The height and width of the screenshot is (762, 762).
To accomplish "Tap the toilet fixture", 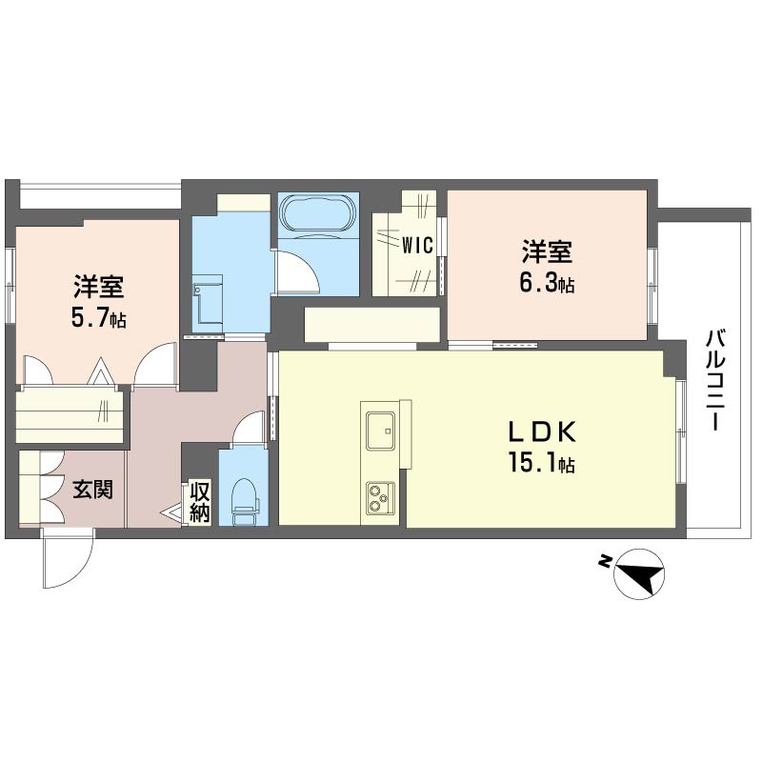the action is (244, 501).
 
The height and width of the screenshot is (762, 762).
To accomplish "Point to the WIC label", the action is (417, 246).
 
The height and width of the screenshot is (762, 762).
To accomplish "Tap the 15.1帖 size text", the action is (542, 462).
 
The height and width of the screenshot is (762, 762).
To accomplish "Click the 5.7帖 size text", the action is (99, 318).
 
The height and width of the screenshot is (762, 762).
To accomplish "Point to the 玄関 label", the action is (92, 490).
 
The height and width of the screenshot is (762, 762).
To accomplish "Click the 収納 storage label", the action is (200, 502).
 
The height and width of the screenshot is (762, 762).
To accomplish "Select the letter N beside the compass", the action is (604, 561).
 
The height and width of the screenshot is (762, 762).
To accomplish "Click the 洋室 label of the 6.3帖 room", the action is (547, 251).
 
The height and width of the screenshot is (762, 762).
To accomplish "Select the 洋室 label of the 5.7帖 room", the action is (99, 287).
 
